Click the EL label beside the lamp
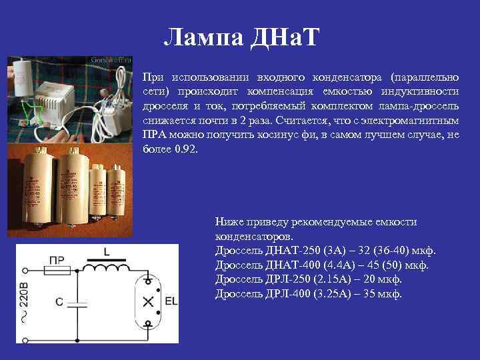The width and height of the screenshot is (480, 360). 171,301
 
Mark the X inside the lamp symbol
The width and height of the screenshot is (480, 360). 147,303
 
